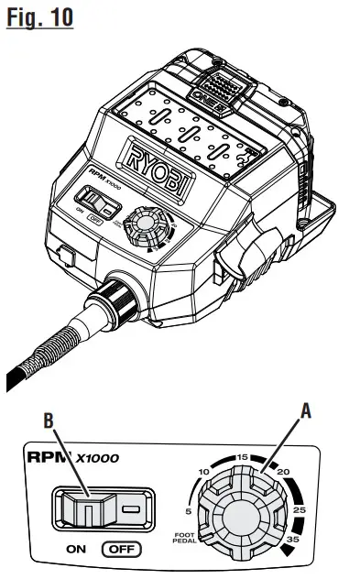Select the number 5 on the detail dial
click(189, 511)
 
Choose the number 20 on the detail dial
click(283, 472)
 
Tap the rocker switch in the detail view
click(88, 507)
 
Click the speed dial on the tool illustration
click(143, 225)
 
